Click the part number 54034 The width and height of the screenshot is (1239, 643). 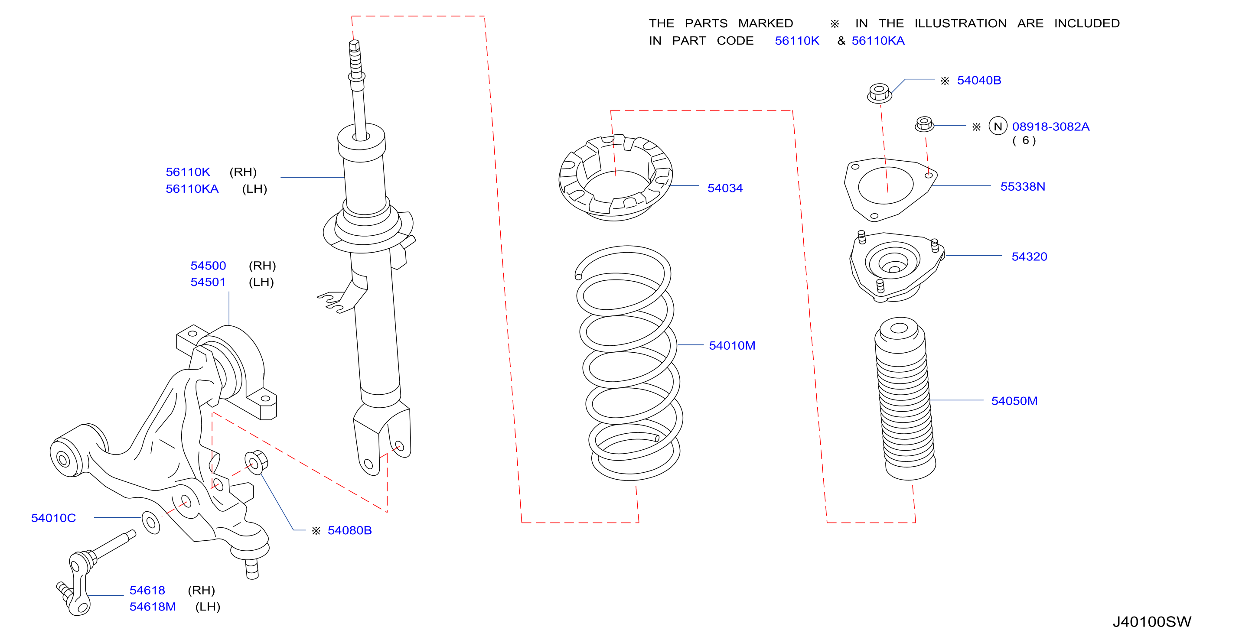coord(725,188)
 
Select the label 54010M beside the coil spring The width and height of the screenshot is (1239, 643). coord(732,345)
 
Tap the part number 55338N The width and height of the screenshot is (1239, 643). coord(1023,186)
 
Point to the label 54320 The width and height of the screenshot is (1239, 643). coord(1029,257)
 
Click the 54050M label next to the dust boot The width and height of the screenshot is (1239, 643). coord(1014,401)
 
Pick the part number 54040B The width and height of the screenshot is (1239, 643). coord(979,80)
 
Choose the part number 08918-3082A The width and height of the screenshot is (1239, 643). coord(1050,127)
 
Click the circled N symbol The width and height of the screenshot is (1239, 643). coord(998,126)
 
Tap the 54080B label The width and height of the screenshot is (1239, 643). coord(350,530)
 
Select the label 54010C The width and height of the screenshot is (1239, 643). coord(53,518)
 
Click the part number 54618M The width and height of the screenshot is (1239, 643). coord(153,607)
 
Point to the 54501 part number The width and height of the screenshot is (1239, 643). coord(208,282)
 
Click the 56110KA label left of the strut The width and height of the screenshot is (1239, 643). coord(192,189)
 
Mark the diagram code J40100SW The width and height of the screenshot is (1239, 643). coord(1152,622)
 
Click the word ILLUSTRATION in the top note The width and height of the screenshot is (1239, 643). coord(961,23)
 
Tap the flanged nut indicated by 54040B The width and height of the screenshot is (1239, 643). coord(879,93)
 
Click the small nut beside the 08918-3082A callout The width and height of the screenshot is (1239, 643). coord(924,124)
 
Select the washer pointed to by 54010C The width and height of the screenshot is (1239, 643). coord(150,523)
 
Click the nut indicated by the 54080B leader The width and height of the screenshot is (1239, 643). coord(256,462)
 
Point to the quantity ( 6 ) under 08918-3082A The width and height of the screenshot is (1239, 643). coord(1024,140)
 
